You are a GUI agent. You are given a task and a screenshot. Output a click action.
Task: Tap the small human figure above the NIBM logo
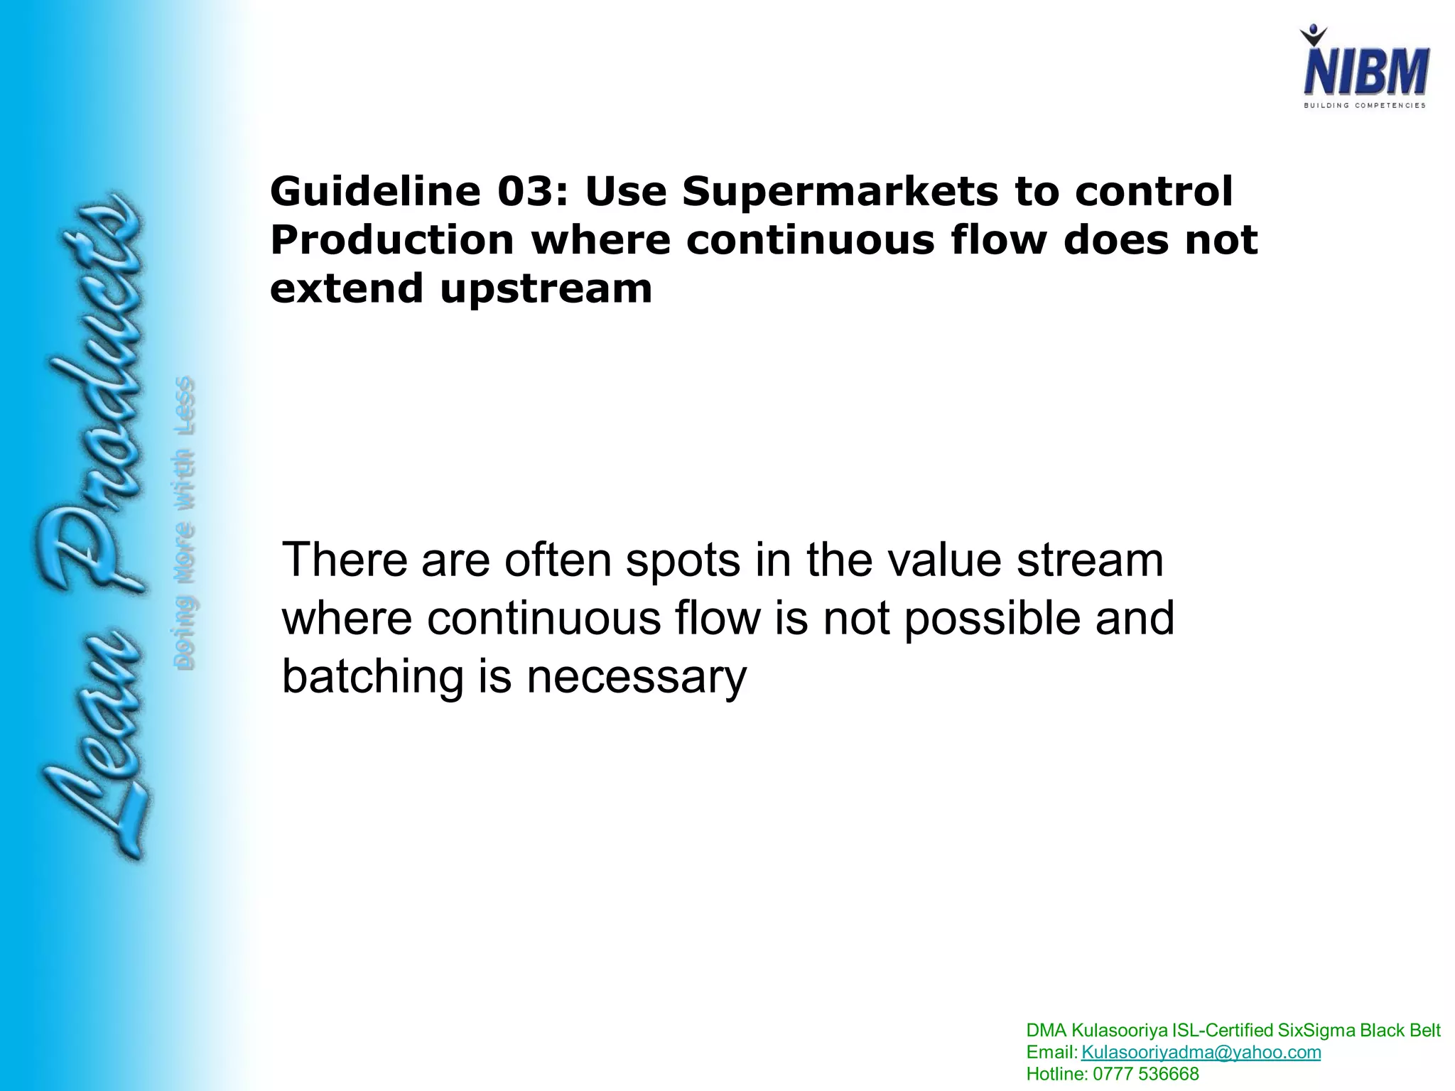pyautogui.click(x=1314, y=36)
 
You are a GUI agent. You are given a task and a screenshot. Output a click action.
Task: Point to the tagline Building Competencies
pyautogui.click(x=1364, y=105)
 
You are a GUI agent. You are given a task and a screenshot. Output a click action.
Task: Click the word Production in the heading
pyautogui.click(x=392, y=240)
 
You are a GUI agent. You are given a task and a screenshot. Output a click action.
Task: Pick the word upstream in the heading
pyautogui.click(x=546, y=289)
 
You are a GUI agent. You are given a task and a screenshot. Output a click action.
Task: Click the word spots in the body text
pyautogui.click(x=688, y=560)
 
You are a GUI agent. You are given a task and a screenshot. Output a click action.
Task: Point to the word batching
pyautogui.click(x=373, y=676)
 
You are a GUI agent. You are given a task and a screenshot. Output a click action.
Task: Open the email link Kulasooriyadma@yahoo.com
pyautogui.click(x=1201, y=1052)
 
